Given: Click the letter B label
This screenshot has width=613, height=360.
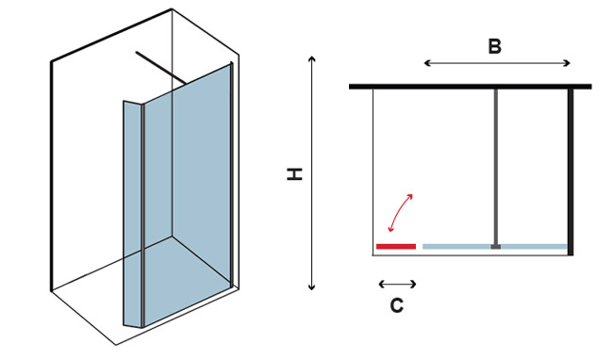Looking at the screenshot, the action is (494, 46).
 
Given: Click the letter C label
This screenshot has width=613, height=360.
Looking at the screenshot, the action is (397, 305).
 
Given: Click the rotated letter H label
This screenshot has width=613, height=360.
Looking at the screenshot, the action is (295, 174).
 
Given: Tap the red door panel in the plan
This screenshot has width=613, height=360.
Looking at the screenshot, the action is (396, 246).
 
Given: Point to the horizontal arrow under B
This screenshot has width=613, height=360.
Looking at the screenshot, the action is (497, 63).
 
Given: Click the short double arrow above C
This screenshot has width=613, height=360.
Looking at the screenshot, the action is (397, 284).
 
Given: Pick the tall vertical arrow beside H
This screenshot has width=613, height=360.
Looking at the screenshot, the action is (311, 173).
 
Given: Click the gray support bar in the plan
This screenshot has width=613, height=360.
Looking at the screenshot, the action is (496, 167).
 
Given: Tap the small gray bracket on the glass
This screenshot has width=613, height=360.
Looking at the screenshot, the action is (496, 246).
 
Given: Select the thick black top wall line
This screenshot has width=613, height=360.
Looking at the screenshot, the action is (471, 87).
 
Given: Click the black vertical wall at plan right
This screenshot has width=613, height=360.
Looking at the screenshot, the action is (571, 172).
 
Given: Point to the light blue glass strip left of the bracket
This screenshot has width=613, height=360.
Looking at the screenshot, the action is (456, 246).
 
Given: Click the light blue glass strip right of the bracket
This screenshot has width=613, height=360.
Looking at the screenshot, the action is (534, 246).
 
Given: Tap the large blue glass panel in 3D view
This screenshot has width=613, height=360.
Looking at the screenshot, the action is (187, 195).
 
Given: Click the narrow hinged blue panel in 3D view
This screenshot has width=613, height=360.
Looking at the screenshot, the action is (133, 214).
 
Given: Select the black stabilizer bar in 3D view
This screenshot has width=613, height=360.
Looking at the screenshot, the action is (160, 67).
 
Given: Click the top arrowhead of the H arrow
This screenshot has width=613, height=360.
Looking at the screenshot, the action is (311, 58).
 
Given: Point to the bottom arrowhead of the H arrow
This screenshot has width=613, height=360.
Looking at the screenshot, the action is (311, 288).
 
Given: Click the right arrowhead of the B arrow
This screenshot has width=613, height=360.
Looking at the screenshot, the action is (568, 63).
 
